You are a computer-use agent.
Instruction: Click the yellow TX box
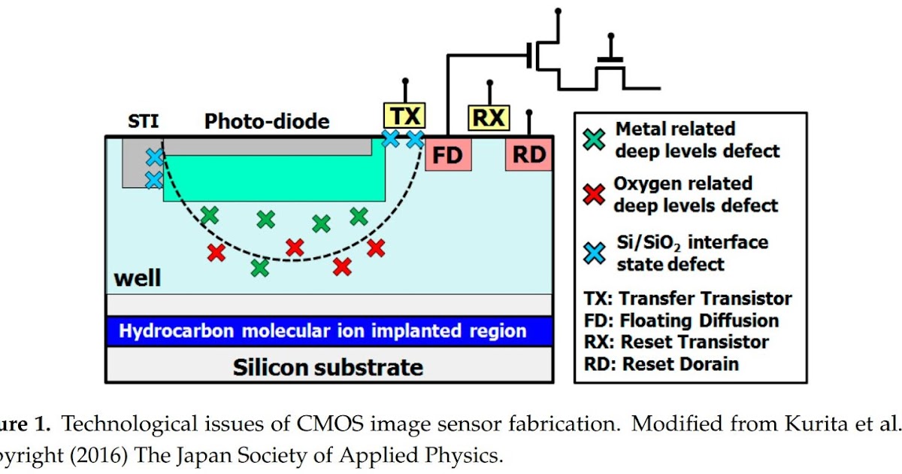click(405, 115)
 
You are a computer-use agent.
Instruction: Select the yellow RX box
click(489, 117)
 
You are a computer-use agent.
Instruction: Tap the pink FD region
click(448, 155)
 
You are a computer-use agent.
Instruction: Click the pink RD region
click(530, 155)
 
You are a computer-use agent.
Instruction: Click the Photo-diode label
click(267, 121)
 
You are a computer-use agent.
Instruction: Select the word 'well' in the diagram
click(138, 278)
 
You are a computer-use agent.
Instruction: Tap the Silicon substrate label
click(328, 367)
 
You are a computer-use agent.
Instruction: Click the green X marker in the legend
click(595, 139)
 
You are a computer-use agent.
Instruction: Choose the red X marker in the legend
click(595, 194)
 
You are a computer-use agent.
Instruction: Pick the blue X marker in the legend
click(595, 253)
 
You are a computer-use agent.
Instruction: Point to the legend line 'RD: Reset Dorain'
click(661, 364)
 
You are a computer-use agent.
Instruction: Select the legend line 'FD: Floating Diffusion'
click(682, 321)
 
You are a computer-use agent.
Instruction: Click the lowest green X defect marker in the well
click(260, 267)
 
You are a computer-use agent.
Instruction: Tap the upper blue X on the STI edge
click(154, 156)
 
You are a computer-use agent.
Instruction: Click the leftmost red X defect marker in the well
click(216, 253)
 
